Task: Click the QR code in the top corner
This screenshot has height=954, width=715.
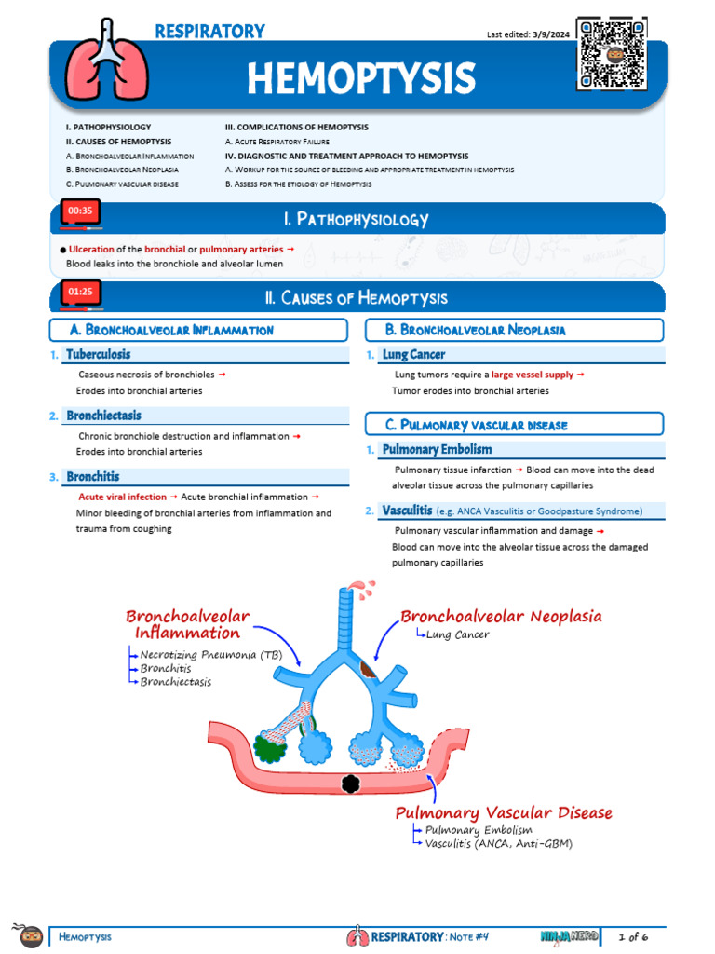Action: [x=612, y=54]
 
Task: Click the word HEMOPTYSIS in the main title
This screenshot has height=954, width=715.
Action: [x=360, y=78]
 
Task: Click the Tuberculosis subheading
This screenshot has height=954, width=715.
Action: [x=99, y=354]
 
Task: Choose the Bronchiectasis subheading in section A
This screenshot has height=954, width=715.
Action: [x=103, y=416]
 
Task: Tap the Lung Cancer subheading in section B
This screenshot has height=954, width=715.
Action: [x=413, y=354]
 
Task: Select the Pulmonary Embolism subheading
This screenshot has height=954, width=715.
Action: [x=437, y=450]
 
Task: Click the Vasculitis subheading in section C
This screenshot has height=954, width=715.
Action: [x=406, y=511]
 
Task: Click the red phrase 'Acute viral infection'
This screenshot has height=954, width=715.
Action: [x=123, y=497]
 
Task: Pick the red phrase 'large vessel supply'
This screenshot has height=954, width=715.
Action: [x=533, y=375]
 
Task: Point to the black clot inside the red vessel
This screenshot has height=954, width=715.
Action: [x=351, y=784]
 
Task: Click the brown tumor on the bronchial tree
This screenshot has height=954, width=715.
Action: [x=371, y=667]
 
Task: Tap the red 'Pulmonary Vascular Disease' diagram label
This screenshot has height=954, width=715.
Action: [x=504, y=813]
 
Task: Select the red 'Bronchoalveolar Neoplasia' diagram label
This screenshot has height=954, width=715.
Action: [x=501, y=616]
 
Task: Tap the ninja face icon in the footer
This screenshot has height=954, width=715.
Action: [x=32, y=935]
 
